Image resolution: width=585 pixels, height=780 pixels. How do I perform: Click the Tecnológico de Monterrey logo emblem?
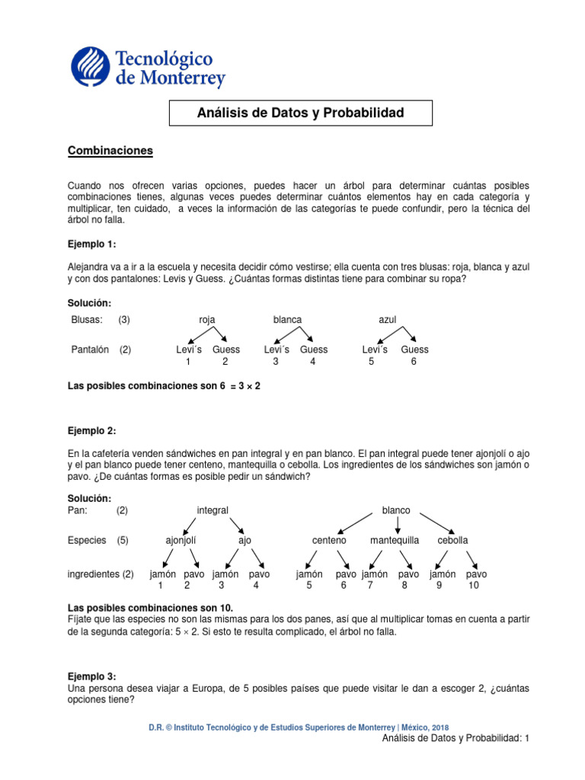91,66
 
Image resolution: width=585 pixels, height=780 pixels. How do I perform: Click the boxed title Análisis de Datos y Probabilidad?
300,113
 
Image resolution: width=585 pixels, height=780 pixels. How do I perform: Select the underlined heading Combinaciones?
110,151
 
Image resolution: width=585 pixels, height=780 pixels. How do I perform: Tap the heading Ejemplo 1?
92,244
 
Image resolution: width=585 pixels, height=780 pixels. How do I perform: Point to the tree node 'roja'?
207,319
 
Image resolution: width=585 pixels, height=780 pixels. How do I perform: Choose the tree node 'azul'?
388,319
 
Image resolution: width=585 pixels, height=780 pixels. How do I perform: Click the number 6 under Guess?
414,362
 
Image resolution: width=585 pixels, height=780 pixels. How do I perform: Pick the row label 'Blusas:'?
86,319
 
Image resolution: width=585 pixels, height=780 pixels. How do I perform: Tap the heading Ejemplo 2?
92,430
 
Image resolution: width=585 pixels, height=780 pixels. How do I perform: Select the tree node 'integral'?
213,510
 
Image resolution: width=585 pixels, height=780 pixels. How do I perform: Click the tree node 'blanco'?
396,510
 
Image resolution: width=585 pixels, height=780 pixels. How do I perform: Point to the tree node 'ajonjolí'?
181,540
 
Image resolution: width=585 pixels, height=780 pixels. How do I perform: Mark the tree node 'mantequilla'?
395,540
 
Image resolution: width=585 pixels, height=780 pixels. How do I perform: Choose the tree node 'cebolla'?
452,540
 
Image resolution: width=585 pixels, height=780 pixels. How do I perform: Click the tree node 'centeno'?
329,540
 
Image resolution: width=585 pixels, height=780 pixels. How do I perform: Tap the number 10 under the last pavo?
474,586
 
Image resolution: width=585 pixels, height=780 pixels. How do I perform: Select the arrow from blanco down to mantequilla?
398,525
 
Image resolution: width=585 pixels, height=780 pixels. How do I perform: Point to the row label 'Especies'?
87,540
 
